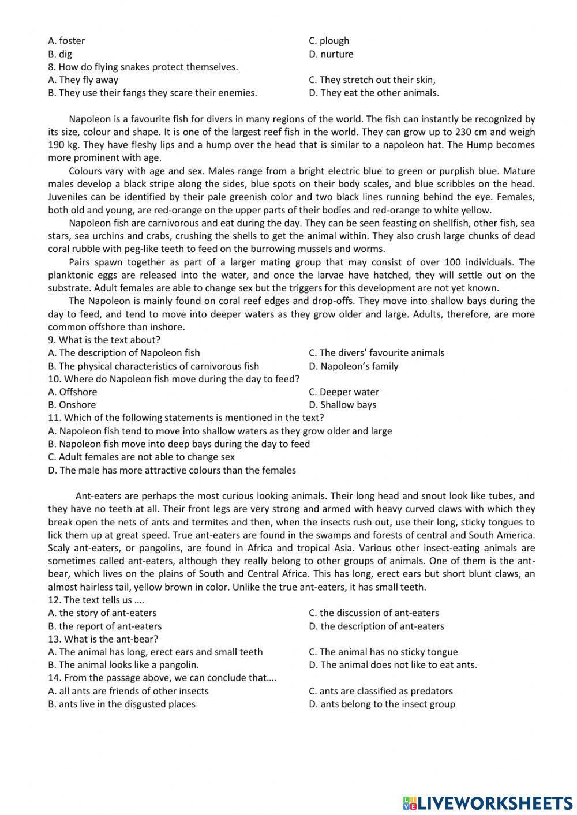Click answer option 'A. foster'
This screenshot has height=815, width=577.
pos(66,41)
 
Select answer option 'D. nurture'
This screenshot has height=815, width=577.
pos(331,54)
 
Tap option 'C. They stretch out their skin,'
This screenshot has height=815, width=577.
pos(372,80)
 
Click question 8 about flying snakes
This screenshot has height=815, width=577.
pos(143,67)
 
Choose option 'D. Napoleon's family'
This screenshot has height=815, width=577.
pos(353,366)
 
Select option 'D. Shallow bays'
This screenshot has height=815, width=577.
pos(342,405)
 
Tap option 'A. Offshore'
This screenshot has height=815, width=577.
pos(73,392)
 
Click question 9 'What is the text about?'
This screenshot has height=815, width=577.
pos(104,340)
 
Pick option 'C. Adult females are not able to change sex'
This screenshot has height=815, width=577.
pos(141,457)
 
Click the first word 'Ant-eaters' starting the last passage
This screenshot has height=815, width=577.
pos(98,496)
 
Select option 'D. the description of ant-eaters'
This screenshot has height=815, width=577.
pos(376,626)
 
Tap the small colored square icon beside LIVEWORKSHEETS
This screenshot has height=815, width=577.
pos(409,802)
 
